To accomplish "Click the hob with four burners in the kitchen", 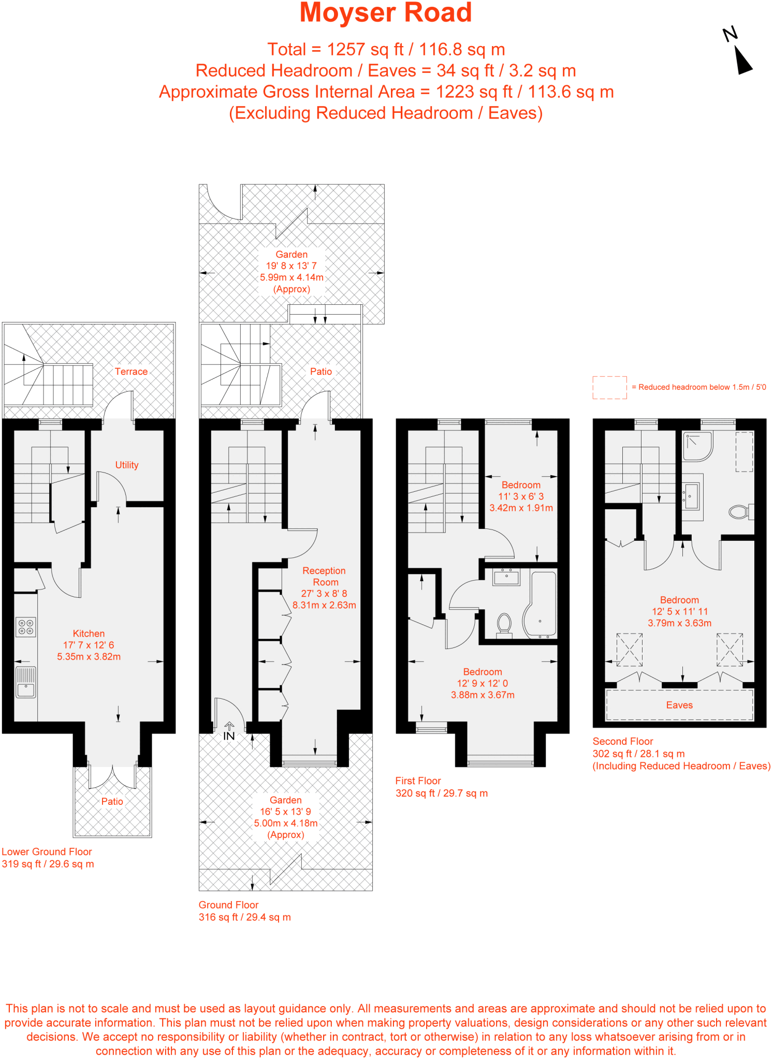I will pos(26,627).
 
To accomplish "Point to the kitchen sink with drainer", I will pos(26,682).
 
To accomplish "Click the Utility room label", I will pos(127,465).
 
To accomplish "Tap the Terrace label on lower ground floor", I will pos(131,372).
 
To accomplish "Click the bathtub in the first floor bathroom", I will pos(541,603).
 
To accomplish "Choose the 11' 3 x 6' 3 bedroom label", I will pos(521,496).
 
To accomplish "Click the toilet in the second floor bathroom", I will pos(740,512).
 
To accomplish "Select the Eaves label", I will pos(679,705).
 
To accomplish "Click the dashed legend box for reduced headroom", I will pos(609,387).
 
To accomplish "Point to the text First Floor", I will pos(418,781).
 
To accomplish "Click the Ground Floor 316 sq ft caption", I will pos(244,917).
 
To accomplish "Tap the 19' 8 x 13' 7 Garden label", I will pos(291,266).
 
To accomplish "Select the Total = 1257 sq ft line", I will pos(386,50).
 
